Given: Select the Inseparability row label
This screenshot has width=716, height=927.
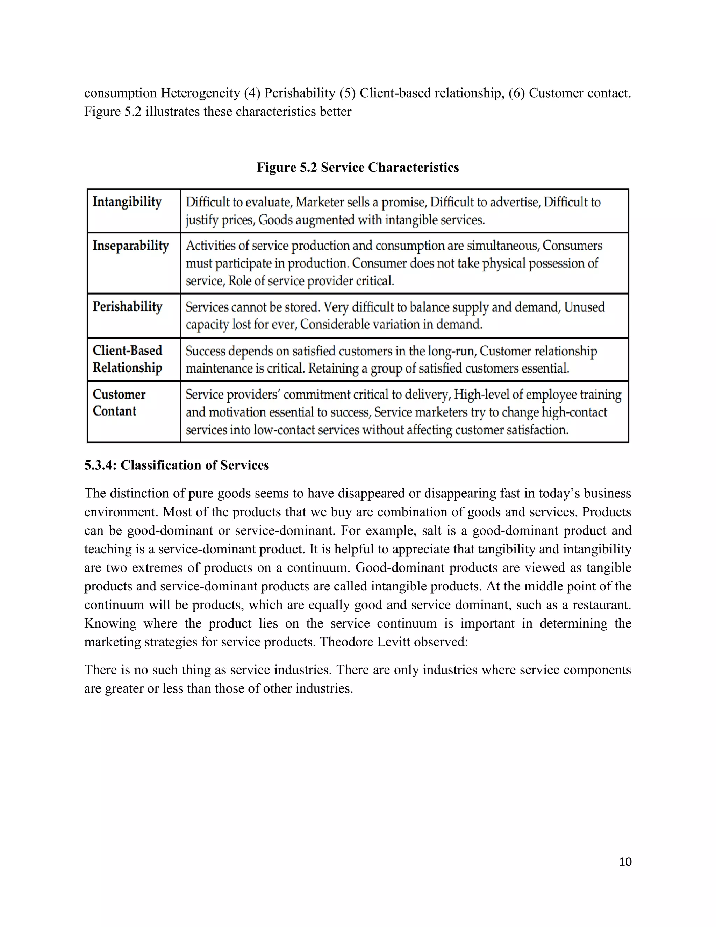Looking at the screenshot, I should click(x=131, y=246).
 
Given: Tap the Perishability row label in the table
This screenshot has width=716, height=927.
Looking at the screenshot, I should click(x=127, y=306).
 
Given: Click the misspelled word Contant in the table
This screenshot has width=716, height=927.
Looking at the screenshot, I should click(x=115, y=411).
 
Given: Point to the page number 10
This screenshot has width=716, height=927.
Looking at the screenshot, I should click(x=625, y=862).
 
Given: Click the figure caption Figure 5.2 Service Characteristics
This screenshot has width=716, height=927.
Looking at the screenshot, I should click(x=358, y=167).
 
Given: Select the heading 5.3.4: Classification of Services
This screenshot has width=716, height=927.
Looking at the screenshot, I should click(x=177, y=465).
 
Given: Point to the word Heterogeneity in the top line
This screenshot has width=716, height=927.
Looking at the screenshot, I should click(x=200, y=93).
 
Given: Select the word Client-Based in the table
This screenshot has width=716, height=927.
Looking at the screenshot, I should click(x=127, y=351).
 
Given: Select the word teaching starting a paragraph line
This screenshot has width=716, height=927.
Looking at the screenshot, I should click(x=108, y=549).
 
